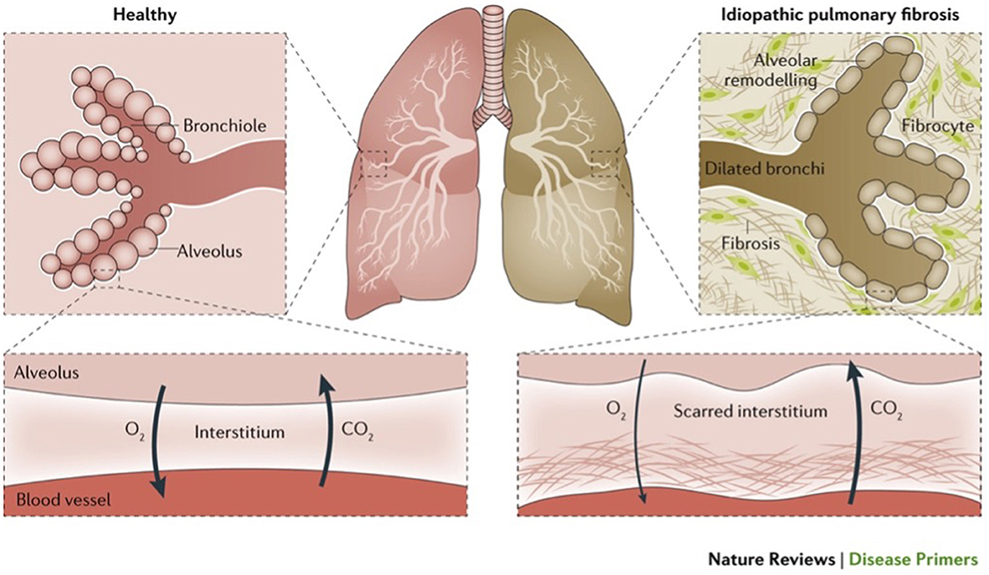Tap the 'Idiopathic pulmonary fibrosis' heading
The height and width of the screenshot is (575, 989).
pos(875,14)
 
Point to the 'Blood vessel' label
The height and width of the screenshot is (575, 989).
pos(53,501)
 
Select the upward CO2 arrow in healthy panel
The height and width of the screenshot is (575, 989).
pos(322,432)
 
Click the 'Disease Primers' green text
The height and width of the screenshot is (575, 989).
pos(914,559)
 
